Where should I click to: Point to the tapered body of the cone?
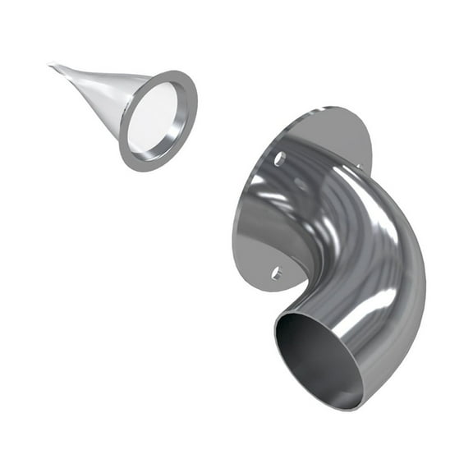(103, 92)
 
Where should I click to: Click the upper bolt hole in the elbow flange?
(280, 158)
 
